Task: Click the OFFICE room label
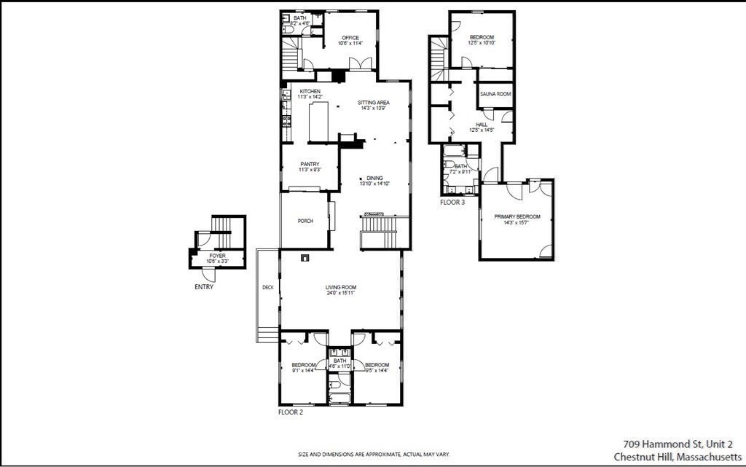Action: [x=350, y=38]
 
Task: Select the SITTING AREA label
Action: [x=373, y=103]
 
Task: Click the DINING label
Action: [x=374, y=178]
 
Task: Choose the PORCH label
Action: [x=305, y=221]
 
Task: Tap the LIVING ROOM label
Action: [x=340, y=288]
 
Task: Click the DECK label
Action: [x=267, y=288]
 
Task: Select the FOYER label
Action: [x=217, y=256]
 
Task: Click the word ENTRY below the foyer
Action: [x=205, y=287]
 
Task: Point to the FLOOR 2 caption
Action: [x=290, y=412]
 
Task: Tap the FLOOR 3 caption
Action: [x=452, y=203]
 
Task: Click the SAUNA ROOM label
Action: [x=495, y=94]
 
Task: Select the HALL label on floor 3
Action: [x=482, y=125]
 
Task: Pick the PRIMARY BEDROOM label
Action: [x=517, y=217]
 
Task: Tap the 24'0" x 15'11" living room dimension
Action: [x=340, y=294]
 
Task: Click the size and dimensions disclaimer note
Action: [x=374, y=455]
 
